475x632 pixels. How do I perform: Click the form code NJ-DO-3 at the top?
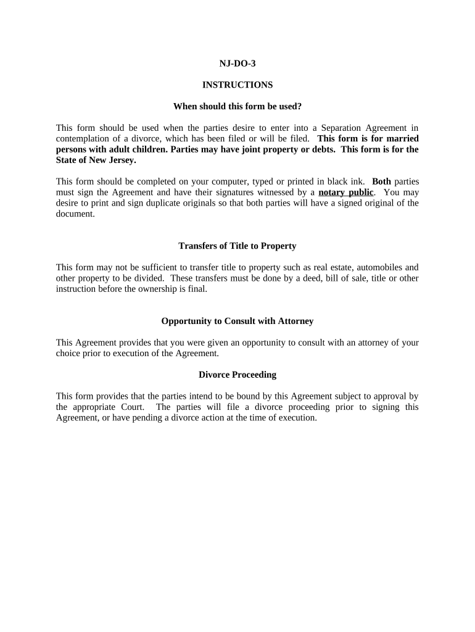[238, 64]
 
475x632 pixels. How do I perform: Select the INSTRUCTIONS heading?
[238, 85]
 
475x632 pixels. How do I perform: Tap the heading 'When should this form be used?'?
[238, 107]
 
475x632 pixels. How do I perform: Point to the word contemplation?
[83, 139]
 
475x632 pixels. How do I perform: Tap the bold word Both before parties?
[381, 181]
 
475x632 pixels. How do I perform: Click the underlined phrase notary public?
[346, 192]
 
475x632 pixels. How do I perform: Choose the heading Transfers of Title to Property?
[238, 246]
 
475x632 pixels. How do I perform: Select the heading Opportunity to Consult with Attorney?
[238, 322]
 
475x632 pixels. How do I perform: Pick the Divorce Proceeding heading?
[238, 375]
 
